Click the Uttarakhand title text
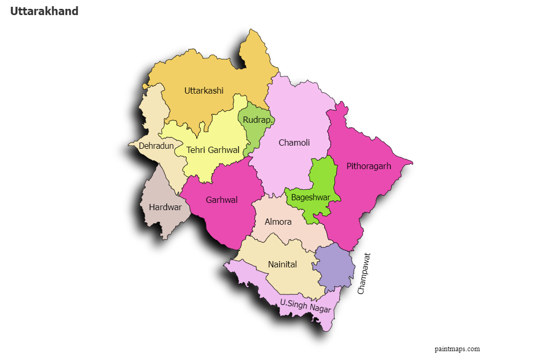[x=44, y=11]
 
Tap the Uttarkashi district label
[x=204, y=91]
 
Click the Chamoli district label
[x=294, y=143]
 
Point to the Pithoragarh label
[x=369, y=166]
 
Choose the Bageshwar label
[x=310, y=198]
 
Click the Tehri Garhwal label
[x=213, y=150]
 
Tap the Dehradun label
[x=156, y=146]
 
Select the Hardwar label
[x=165, y=207]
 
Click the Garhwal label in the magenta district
[x=222, y=200]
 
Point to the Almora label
[x=278, y=222]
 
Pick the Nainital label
[x=282, y=264]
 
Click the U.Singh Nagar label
[x=305, y=305]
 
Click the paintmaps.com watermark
[x=457, y=349]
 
